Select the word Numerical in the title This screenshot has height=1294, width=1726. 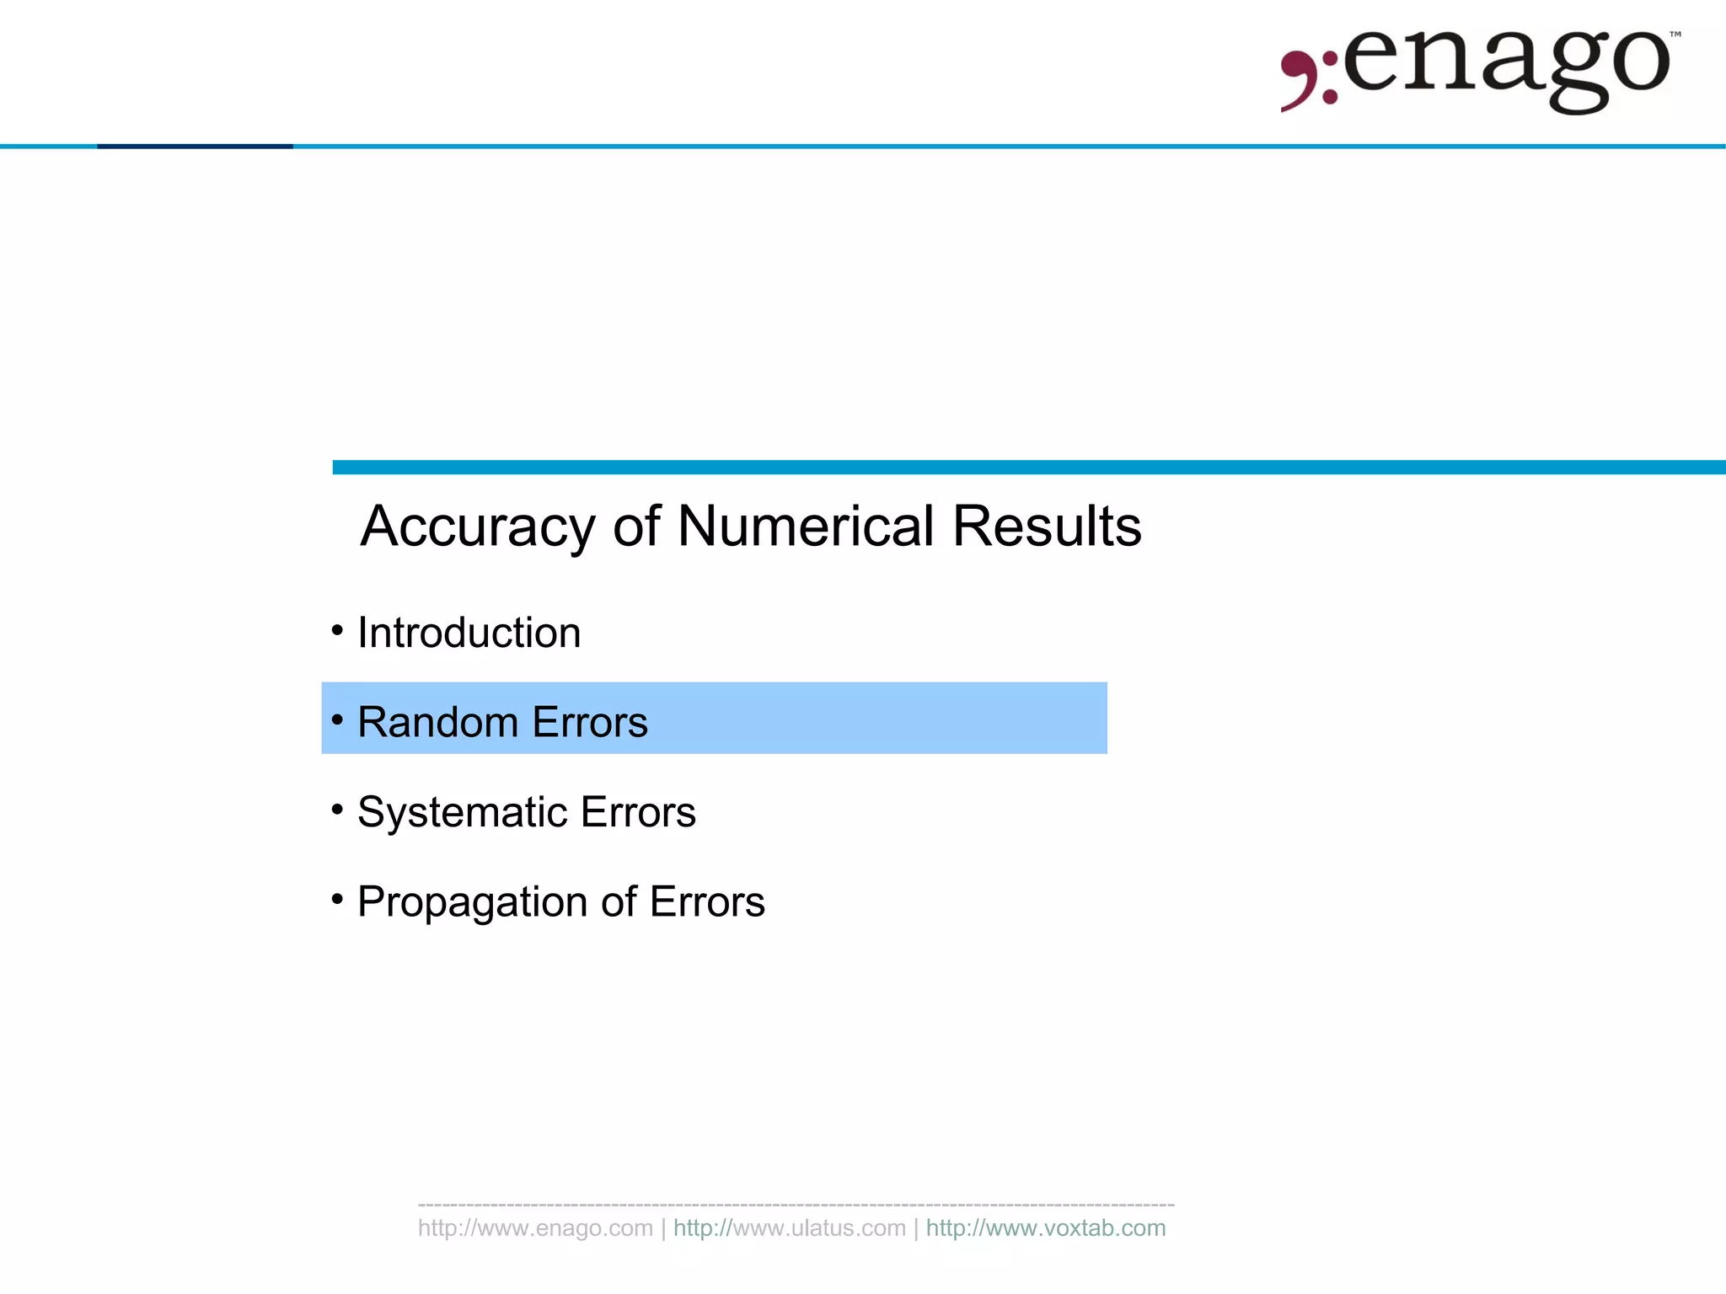805,527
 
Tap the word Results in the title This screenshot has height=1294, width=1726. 1047,527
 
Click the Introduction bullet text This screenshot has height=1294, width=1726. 469,633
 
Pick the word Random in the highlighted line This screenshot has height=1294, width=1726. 437,722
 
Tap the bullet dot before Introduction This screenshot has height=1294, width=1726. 337,630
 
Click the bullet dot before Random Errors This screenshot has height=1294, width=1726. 337,719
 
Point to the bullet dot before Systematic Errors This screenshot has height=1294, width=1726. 337,810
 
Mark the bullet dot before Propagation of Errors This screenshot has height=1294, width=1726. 337,899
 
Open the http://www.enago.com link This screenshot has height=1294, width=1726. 535,1228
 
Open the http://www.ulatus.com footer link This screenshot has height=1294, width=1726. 789,1228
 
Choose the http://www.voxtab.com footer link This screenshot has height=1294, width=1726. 1046,1228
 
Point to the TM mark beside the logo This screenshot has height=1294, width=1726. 1675,35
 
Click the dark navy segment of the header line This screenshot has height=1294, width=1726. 195,147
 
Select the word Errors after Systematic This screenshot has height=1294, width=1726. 638,812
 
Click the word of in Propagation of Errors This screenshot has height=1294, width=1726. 619,902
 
